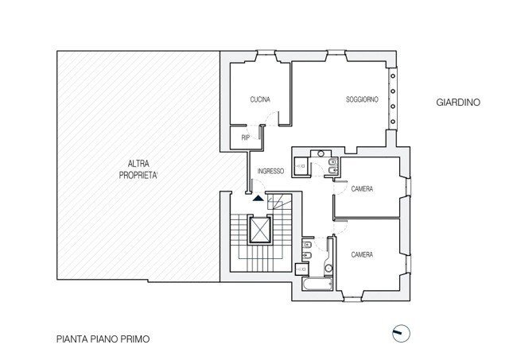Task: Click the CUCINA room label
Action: pyautogui.click(x=259, y=99)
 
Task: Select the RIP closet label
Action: pyautogui.click(x=246, y=137)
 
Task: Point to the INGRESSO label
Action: pyautogui.click(x=270, y=172)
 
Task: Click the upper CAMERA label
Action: pyautogui.click(x=362, y=188)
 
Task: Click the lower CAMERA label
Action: pyautogui.click(x=362, y=254)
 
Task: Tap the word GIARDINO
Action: pyautogui.click(x=457, y=103)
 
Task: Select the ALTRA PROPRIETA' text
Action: pyautogui.click(x=139, y=168)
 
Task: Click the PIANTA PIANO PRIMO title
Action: pyautogui.click(x=103, y=338)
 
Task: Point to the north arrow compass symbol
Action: pyautogui.click(x=400, y=333)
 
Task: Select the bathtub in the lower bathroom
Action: pyautogui.click(x=313, y=284)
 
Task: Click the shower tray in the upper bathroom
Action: pyautogui.click(x=301, y=166)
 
